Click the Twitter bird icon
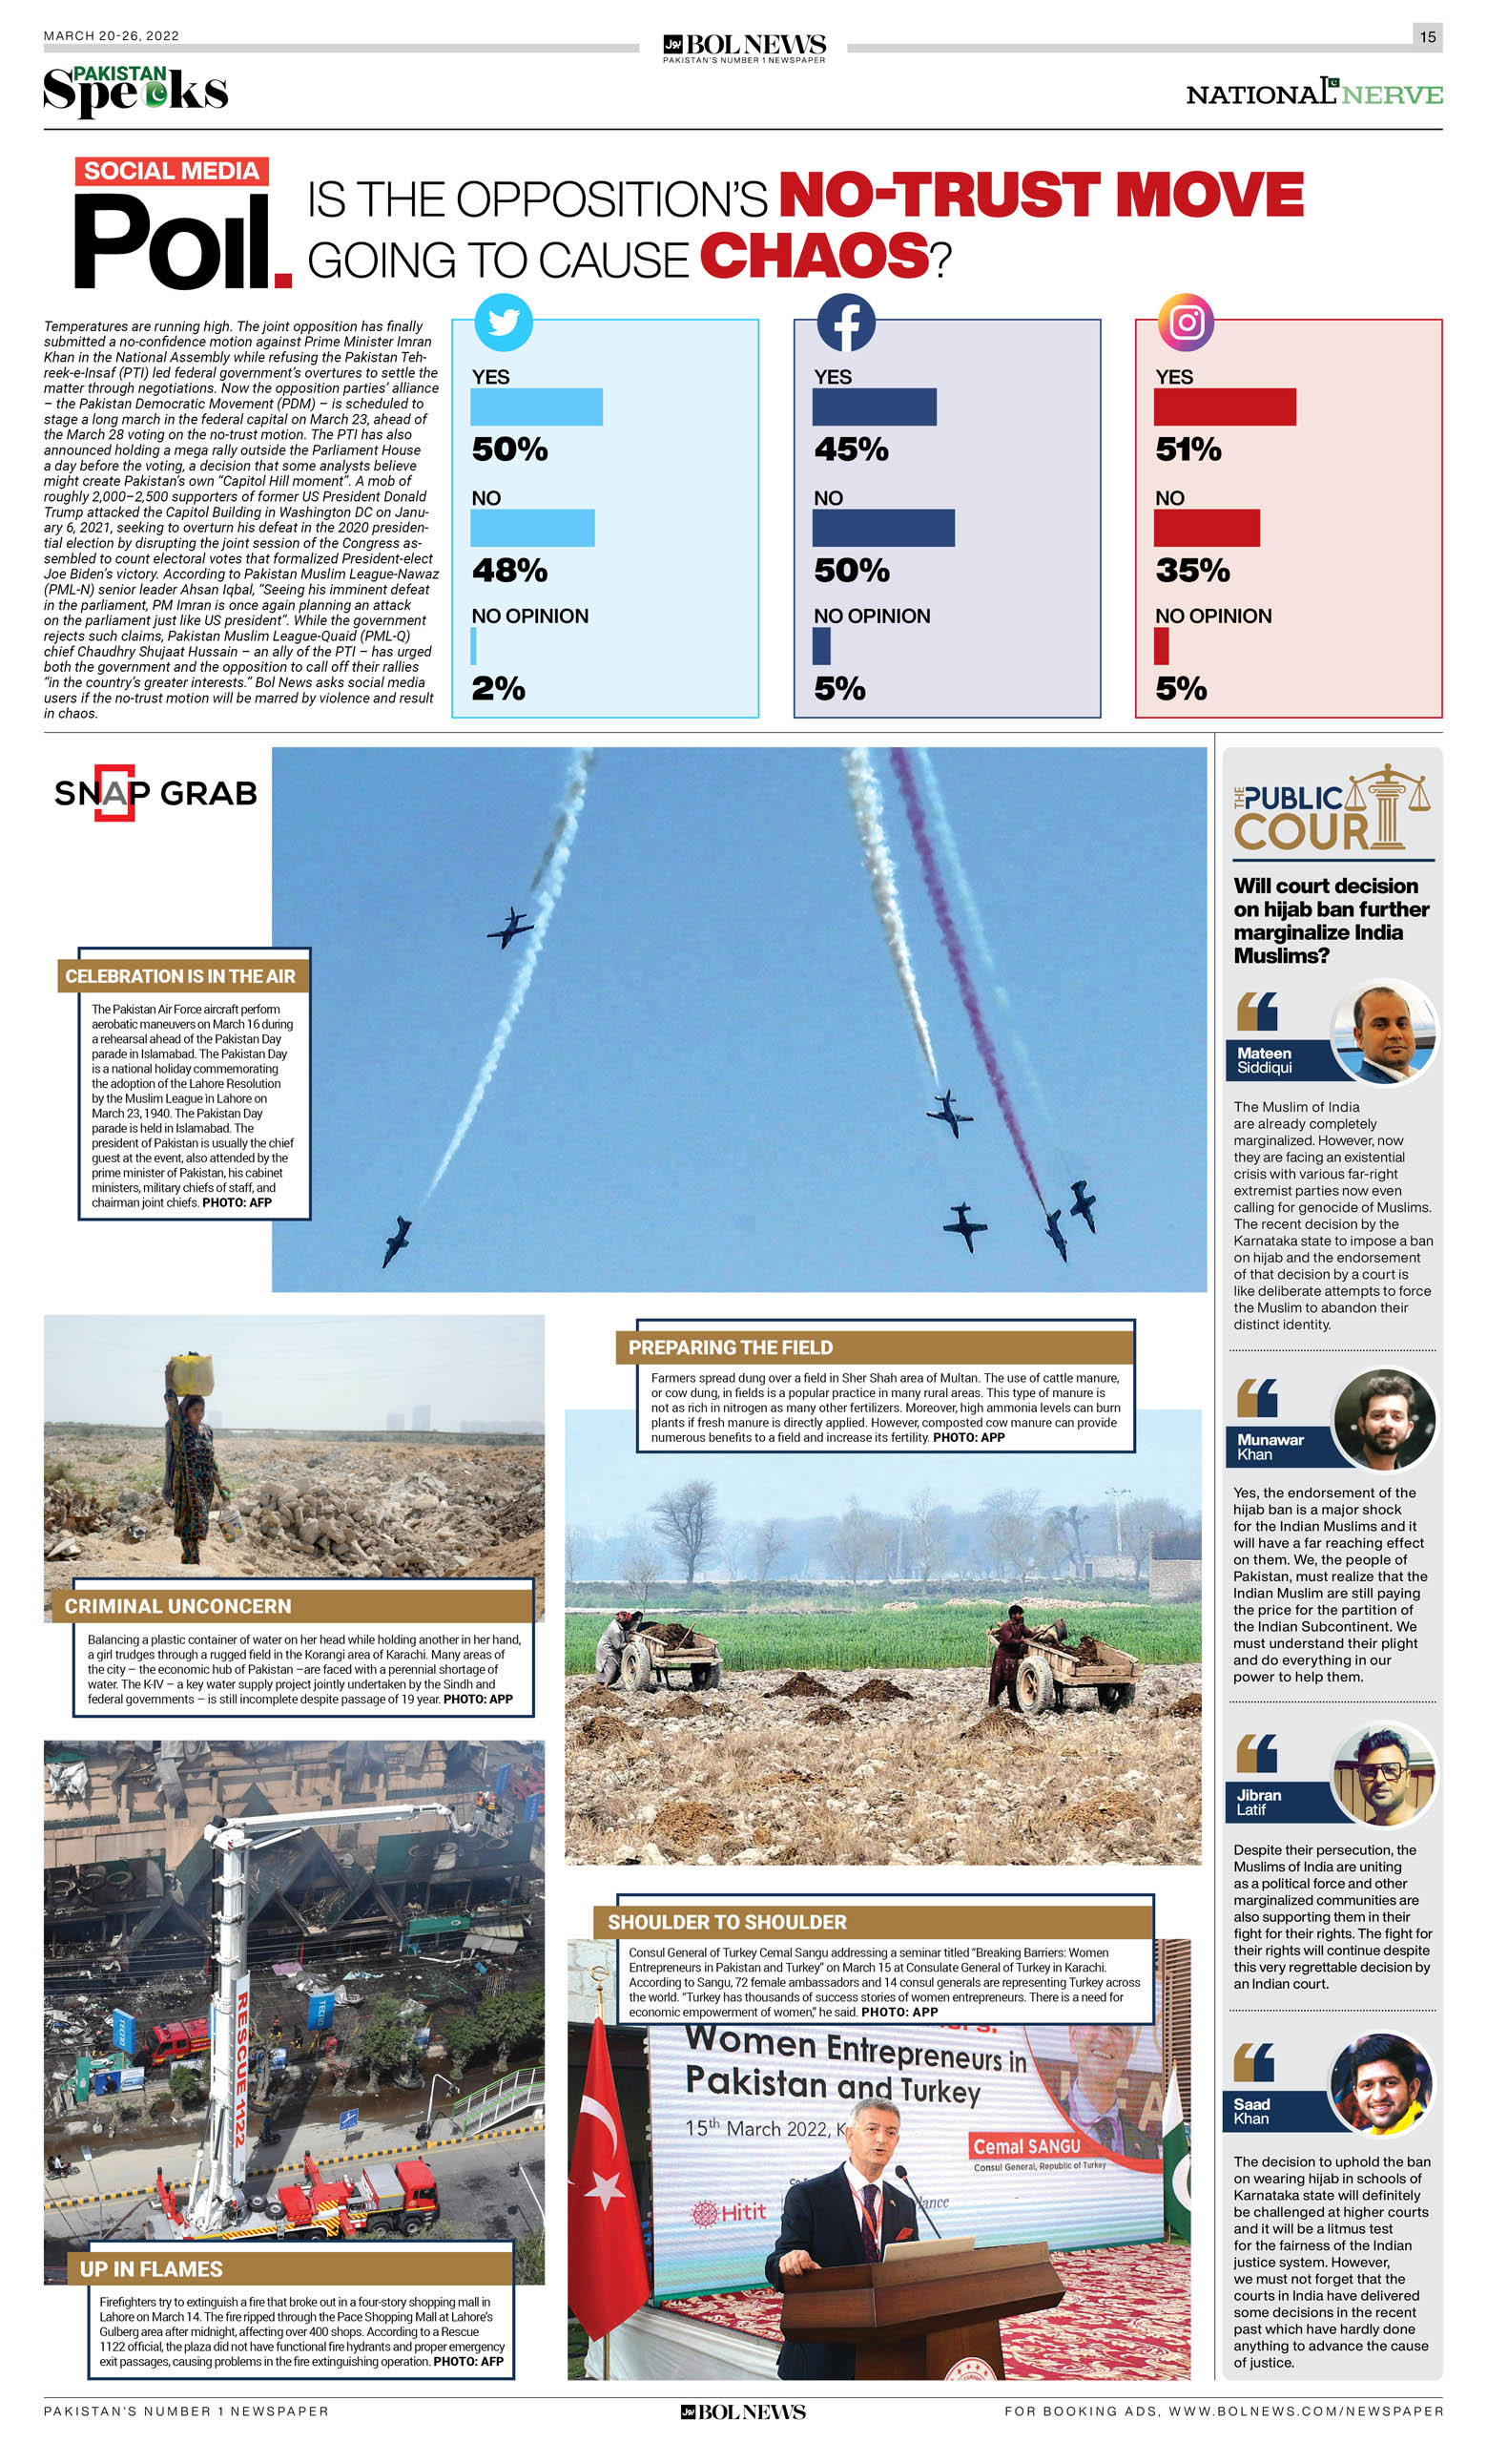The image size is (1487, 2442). (x=504, y=323)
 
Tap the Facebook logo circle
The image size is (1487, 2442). (x=845, y=323)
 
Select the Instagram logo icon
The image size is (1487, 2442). (x=1186, y=323)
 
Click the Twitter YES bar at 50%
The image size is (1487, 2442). (x=536, y=407)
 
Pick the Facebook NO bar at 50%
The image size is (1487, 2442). (x=882, y=528)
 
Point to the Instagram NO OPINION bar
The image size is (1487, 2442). (x=1161, y=646)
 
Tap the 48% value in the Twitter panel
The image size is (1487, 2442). (x=509, y=570)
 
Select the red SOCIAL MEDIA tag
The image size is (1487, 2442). (x=172, y=171)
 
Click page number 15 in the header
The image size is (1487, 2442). (x=1427, y=36)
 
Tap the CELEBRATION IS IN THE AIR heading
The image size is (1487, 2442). (x=180, y=976)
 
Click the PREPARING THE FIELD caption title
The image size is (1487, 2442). (x=730, y=1346)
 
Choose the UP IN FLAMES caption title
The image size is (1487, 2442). (x=151, y=2268)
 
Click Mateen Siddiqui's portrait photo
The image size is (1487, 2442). (x=1384, y=1032)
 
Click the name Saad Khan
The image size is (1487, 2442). (x=1252, y=2111)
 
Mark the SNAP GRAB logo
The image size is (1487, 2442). (x=155, y=793)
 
